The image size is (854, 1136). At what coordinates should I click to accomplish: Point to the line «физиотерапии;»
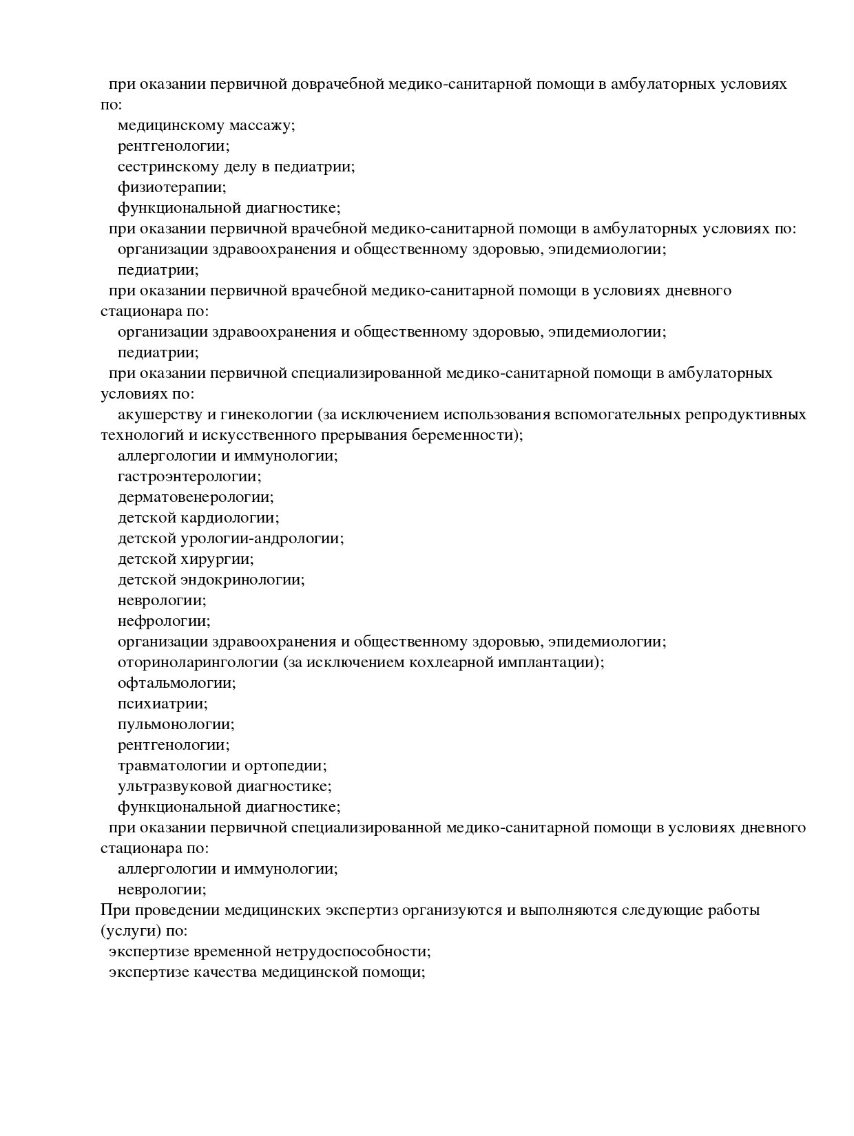click(171, 187)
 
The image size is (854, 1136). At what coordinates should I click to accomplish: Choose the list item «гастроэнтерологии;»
click(189, 476)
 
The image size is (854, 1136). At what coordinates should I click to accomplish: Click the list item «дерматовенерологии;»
click(195, 497)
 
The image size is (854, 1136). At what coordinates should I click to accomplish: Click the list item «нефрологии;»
click(164, 621)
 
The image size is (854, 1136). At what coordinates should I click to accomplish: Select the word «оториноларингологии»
click(197, 662)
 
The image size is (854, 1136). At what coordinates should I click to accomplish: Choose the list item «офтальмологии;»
click(176, 683)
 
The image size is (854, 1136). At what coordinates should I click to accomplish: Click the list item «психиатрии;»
click(163, 704)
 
